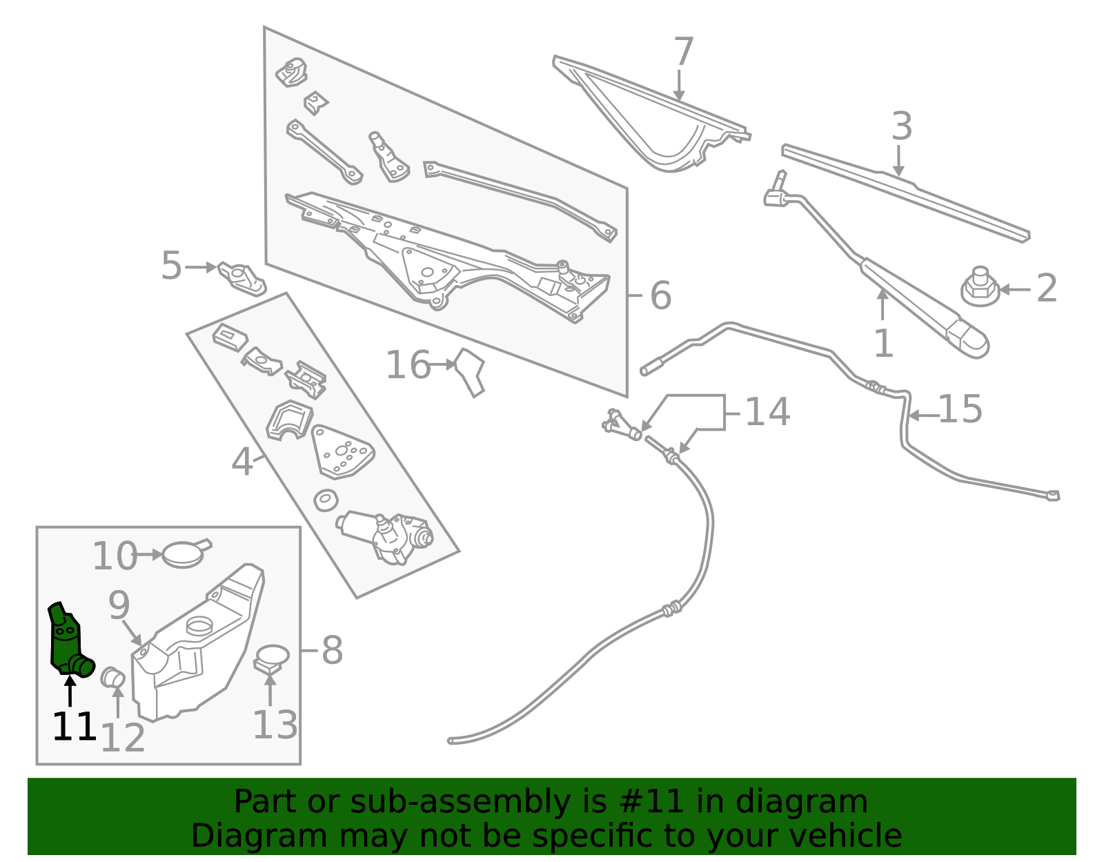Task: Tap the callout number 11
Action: tap(73, 727)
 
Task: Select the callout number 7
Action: tap(682, 52)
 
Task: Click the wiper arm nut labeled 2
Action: tap(980, 288)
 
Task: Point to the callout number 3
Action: tap(901, 127)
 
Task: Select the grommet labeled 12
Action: tap(112, 677)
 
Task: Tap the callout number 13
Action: tap(275, 725)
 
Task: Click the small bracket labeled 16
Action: tap(471, 371)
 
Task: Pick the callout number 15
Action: tap(960, 410)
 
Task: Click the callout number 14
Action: tap(767, 412)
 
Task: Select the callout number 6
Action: tap(660, 296)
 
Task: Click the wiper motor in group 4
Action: tap(386, 537)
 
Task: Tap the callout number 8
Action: tap(332, 651)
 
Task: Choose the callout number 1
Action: tap(883, 343)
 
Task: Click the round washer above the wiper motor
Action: tap(326, 500)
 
